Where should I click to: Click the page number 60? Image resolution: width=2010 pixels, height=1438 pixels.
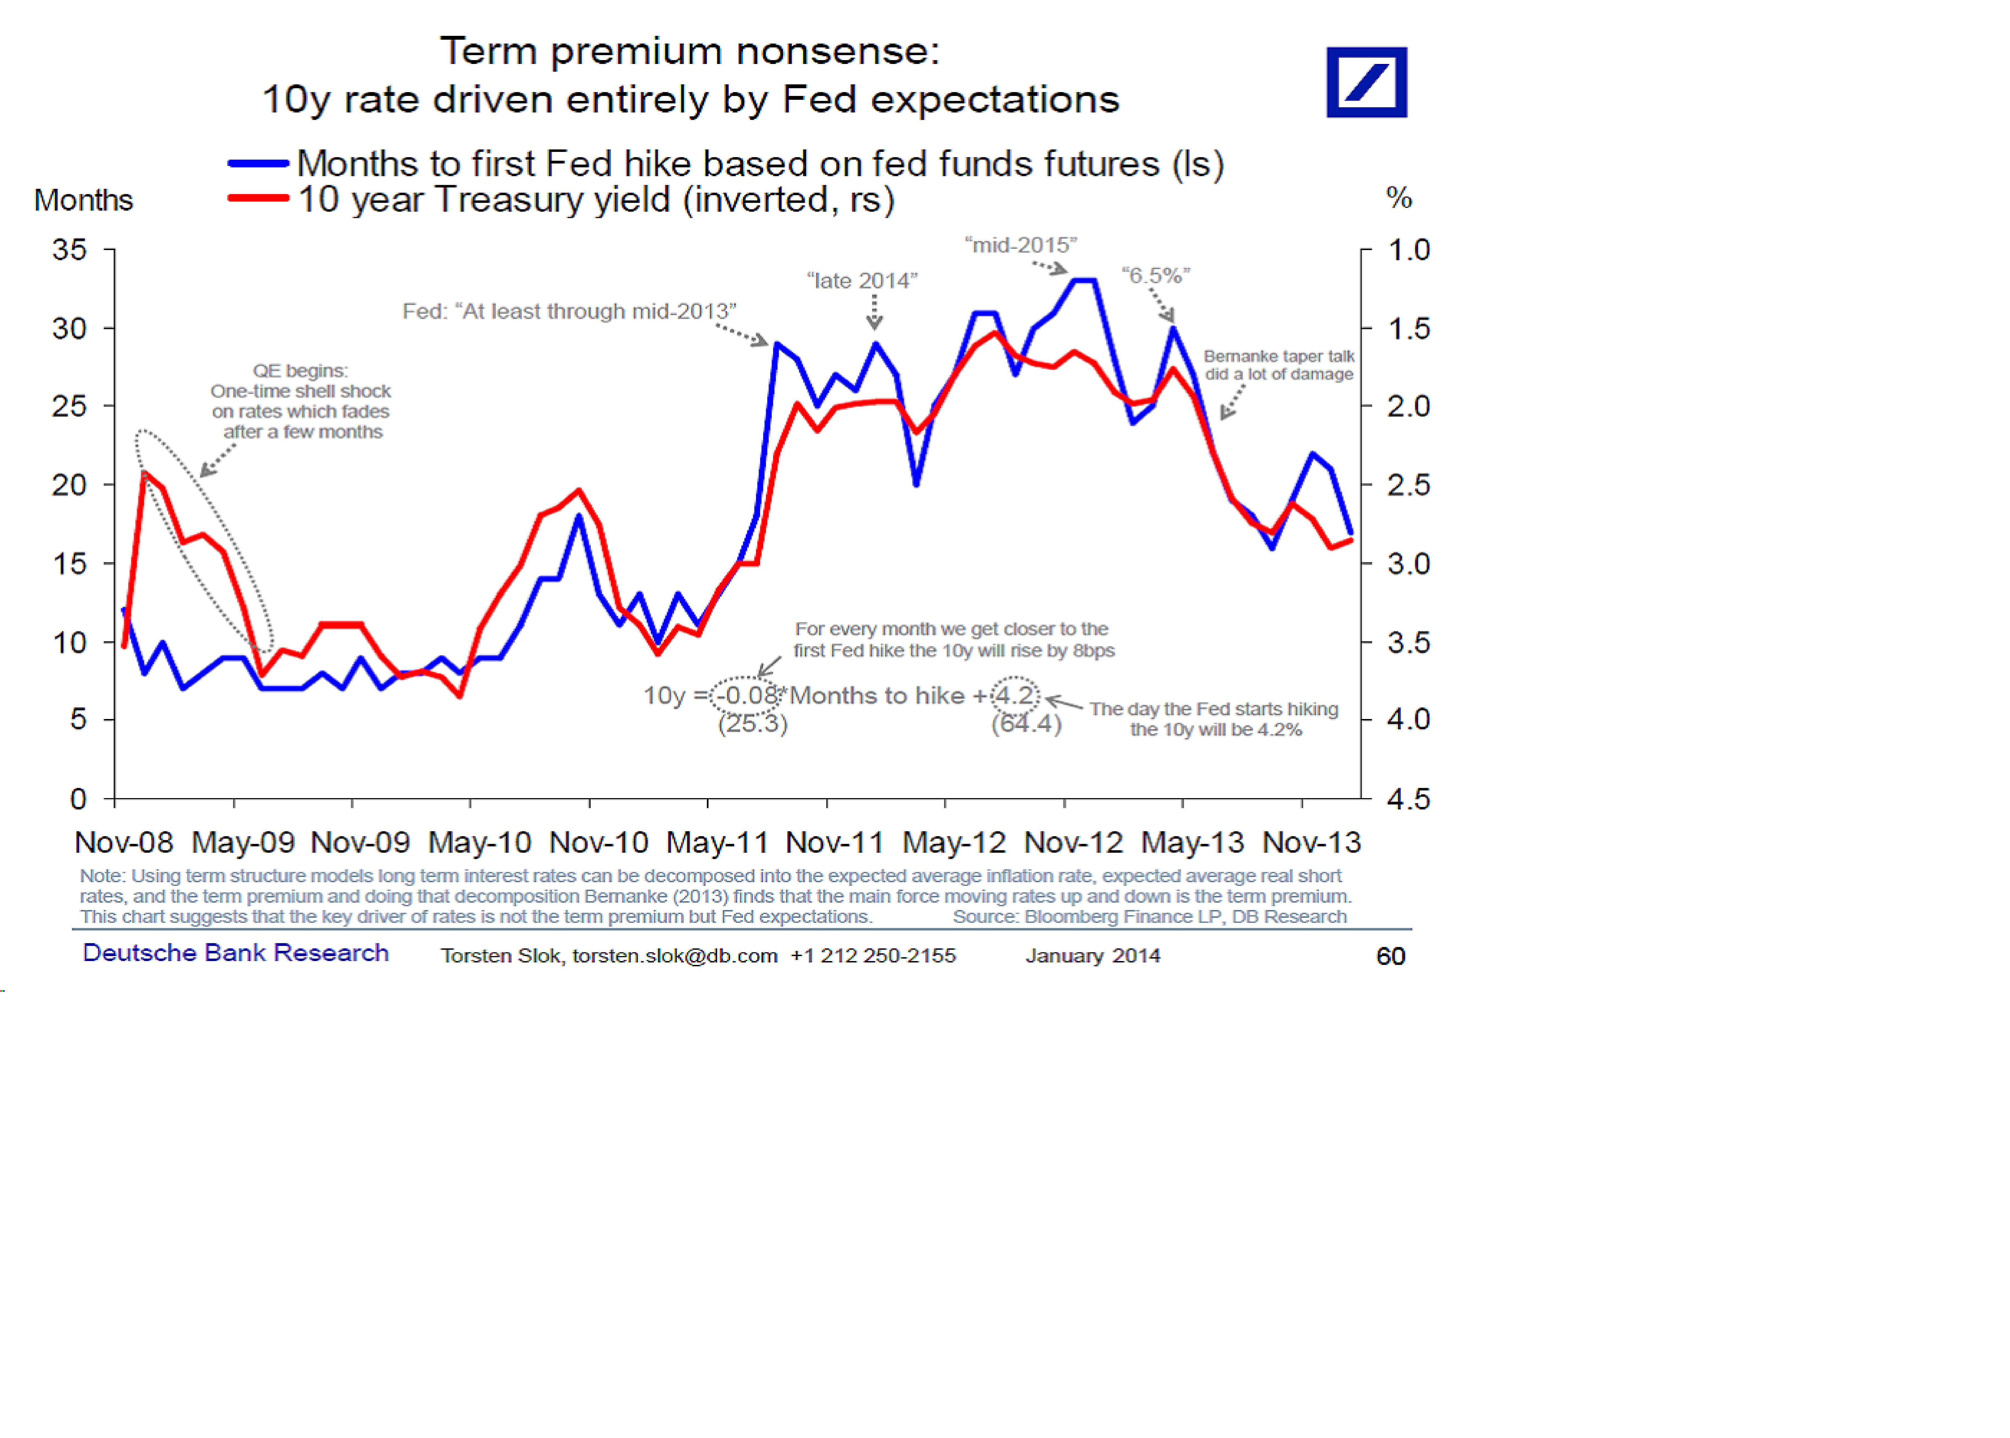(1390, 956)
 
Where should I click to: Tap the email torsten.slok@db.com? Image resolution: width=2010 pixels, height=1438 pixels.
(674, 956)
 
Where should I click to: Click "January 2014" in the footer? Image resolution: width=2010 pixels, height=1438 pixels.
(1092, 956)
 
